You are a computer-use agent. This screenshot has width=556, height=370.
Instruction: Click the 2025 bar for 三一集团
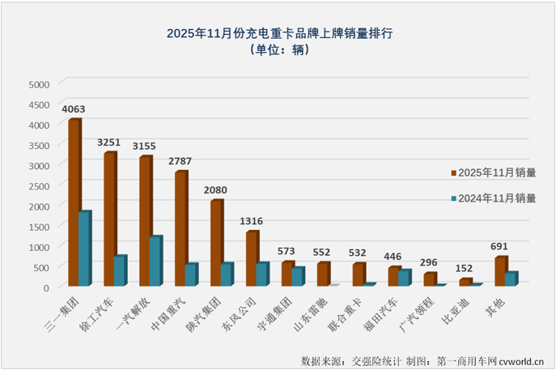tap(74, 202)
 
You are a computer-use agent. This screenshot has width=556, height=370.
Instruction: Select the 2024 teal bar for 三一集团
tap(85, 249)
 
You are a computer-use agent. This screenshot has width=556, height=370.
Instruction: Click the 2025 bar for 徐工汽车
tap(110, 219)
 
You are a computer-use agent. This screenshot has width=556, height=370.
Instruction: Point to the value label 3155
tap(146, 146)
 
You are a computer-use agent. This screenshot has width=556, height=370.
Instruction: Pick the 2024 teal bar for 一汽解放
tap(156, 261)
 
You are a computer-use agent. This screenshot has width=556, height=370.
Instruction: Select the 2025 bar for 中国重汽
tap(181, 228)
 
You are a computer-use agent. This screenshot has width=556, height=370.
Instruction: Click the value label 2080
tap(216, 190)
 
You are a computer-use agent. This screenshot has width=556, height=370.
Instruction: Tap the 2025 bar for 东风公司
tap(252, 258)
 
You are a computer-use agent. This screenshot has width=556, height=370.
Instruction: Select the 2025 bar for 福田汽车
tap(394, 276)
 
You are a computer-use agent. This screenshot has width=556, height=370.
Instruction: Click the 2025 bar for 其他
tap(501, 271)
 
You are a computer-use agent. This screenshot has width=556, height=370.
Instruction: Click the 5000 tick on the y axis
tap(39, 83)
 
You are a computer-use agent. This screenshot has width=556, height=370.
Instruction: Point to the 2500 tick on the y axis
tap(39, 185)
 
